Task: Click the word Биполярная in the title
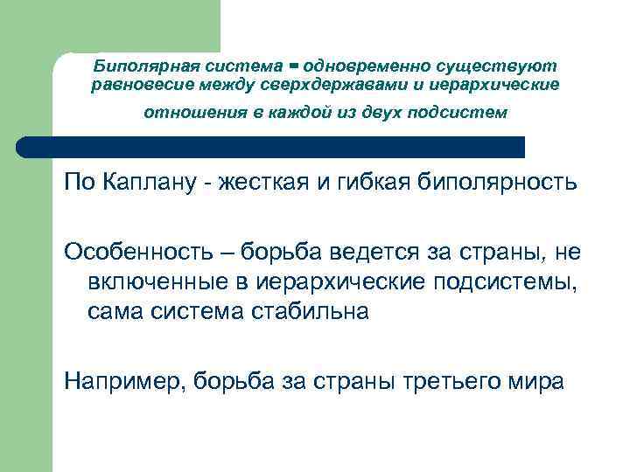click(x=143, y=66)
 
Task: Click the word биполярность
click(x=507, y=184)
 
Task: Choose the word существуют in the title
click(x=506, y=66)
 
